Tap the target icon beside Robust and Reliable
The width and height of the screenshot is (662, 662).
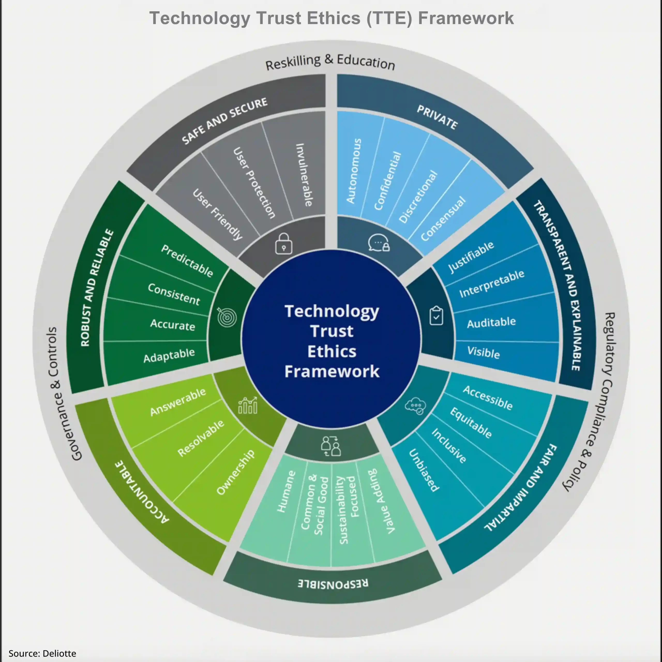click(227, 317)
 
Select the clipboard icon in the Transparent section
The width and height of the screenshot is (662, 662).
click(436, 315)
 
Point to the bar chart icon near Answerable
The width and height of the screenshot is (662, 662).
click(248, 405)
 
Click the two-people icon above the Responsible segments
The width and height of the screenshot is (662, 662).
click(331, 446)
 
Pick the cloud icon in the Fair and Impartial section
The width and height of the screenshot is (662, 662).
click(416, 406)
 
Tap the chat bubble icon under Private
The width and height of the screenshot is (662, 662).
click(379, 243)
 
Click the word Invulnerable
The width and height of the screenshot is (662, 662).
click(304, 175)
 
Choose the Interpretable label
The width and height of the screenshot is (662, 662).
click(492, 283)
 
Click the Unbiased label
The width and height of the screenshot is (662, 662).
click(424, 470)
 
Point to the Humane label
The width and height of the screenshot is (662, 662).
click(286, 491)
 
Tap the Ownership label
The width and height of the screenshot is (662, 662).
click(236, 472)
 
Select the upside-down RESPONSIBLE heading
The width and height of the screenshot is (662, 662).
click(333, 584)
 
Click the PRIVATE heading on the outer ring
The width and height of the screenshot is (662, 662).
click(437, 117)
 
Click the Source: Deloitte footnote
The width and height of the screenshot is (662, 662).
click(42, 653)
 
